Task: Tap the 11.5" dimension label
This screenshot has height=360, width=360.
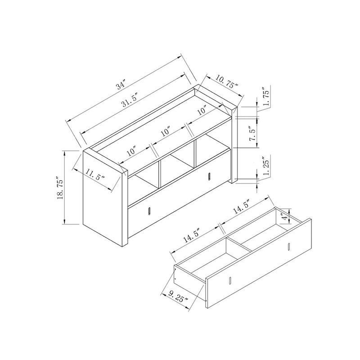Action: tap(93, 176)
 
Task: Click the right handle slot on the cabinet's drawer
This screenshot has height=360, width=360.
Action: tap(210, 175)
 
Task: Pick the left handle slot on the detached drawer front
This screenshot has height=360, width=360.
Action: tap(230, 281)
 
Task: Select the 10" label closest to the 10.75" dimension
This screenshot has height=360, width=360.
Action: tap(201, 109)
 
